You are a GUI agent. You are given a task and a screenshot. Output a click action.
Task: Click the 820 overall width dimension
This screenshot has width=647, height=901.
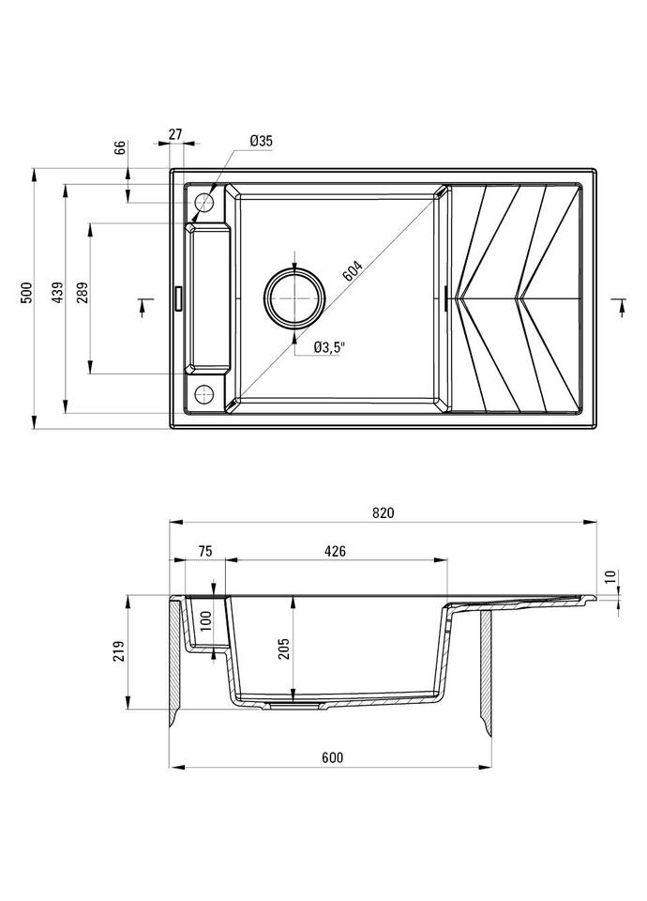(383, 512)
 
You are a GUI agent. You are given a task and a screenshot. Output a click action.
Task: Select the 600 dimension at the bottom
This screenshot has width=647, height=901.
(333, 757)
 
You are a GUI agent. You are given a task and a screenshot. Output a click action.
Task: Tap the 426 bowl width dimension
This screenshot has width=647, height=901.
(335, 552)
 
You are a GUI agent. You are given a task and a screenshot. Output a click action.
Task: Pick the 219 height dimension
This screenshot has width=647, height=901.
(118, 651)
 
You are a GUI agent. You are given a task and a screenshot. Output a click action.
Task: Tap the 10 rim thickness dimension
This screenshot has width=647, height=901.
(611, 577)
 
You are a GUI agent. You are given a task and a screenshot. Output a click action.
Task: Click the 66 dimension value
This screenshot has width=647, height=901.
(119, 147)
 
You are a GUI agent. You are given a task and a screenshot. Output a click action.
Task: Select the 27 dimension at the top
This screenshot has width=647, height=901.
(176, 134)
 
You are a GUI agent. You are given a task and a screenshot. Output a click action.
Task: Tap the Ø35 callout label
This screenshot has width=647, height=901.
(261, 141)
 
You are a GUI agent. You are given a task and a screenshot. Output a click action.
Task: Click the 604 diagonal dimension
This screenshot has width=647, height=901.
(354, 271)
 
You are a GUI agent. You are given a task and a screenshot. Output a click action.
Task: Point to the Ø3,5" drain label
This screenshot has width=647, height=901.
(330, 347)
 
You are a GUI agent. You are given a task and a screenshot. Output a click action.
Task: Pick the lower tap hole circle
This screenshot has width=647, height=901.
(203, 392)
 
